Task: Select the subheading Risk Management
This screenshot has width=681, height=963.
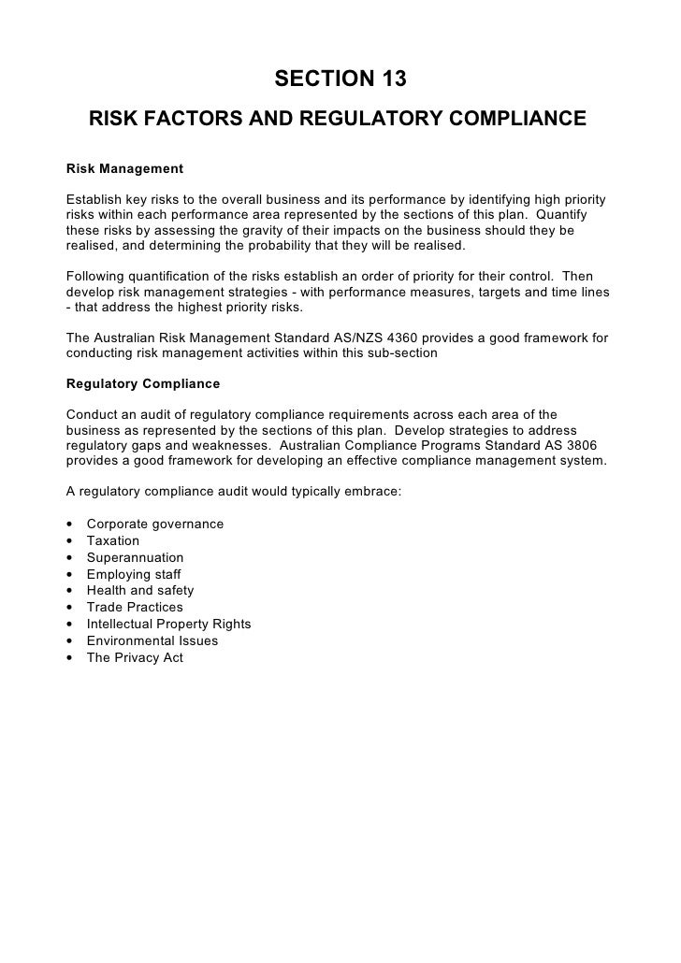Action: (x=124, y=170)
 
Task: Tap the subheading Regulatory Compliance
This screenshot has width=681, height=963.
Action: (x=143, y=383)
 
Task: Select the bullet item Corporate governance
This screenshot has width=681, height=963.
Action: (x=154, y=524)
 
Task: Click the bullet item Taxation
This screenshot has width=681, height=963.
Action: (x=112, y=540)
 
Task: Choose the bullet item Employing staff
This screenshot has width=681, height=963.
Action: (x=134, y=574)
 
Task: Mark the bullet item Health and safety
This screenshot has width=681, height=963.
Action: (x=140, y=591)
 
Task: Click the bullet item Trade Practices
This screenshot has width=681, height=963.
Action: (x=135, y=608)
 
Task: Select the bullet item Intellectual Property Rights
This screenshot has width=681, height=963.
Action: (x=168, y=625)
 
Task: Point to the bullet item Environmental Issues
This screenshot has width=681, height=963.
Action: (x=152, y=641)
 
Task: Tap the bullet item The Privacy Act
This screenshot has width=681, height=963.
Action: (x=135, y=658)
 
